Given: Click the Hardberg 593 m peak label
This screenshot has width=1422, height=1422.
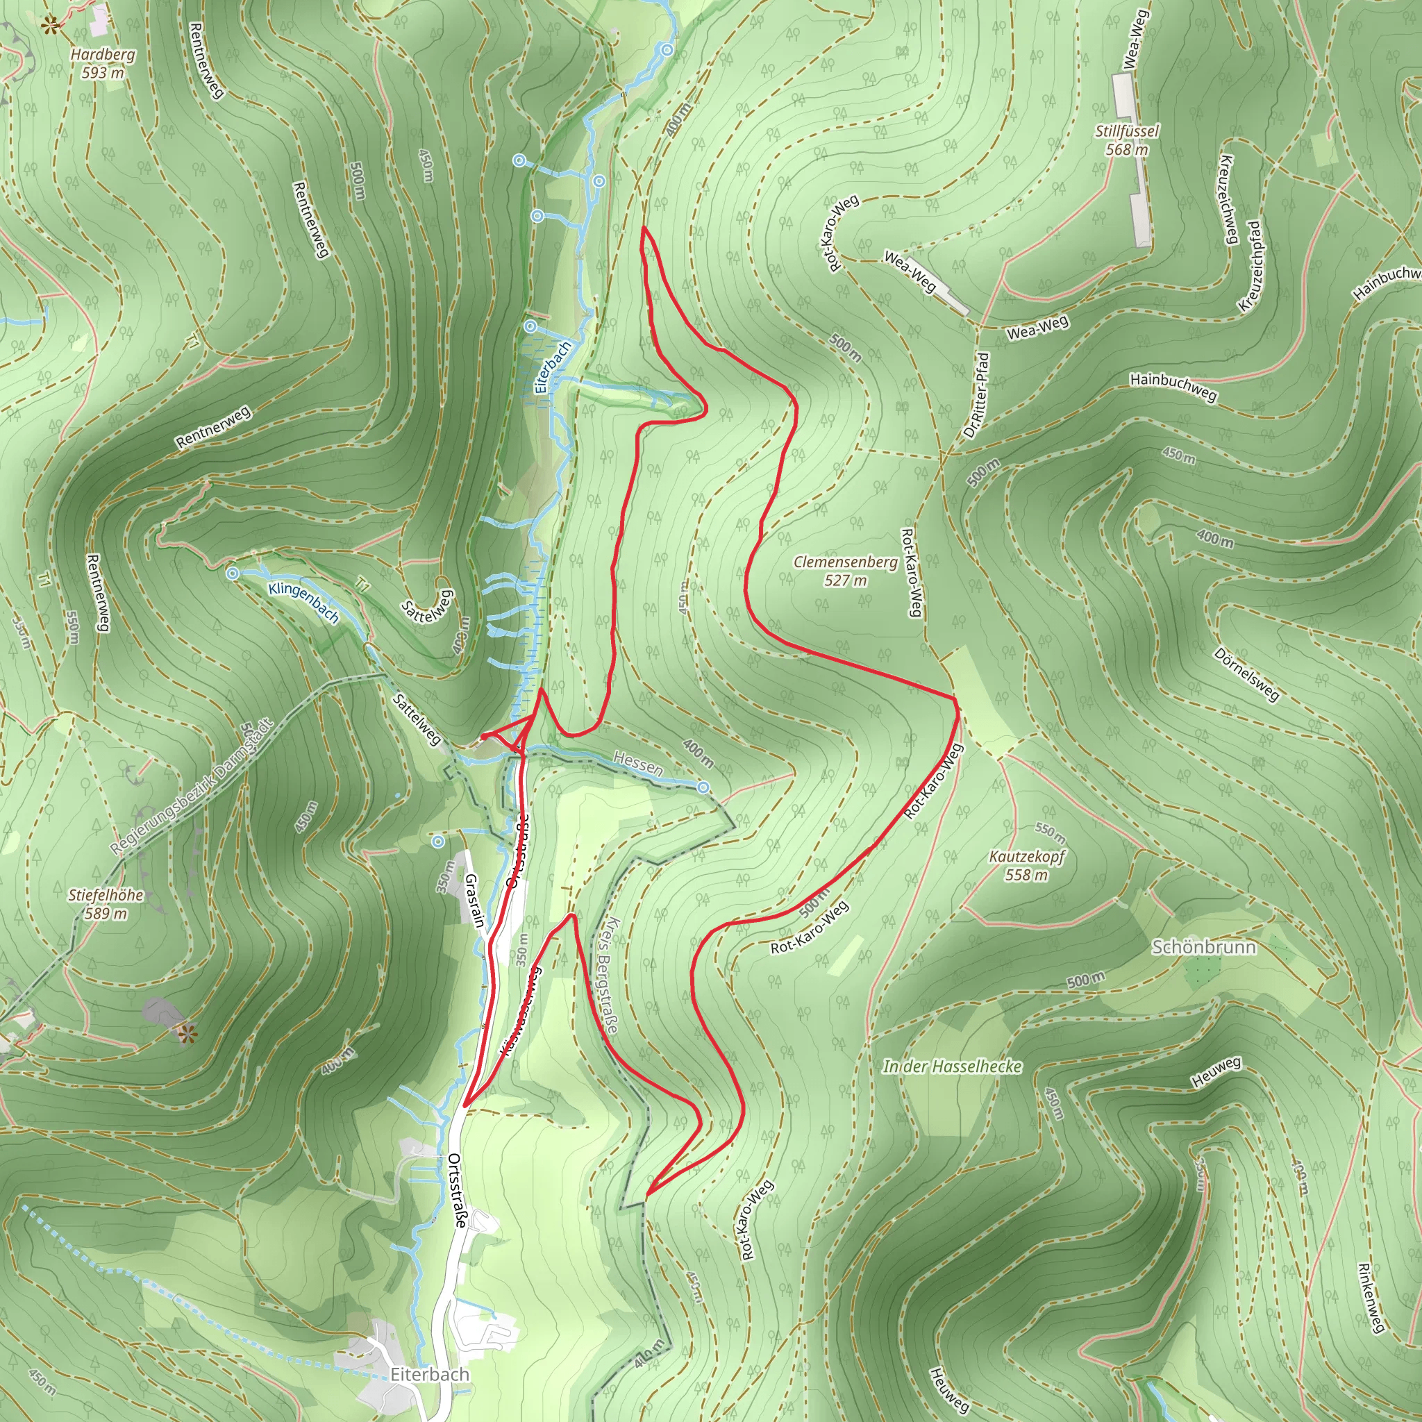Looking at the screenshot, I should click(103, 63).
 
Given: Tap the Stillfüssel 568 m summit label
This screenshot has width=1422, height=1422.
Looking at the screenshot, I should click(1126, 140).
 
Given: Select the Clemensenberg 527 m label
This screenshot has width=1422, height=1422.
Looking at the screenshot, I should click(846, 571).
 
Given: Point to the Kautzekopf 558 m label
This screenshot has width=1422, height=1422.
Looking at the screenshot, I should click(1026, 866).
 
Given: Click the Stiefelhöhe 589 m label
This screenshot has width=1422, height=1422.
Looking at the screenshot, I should click(106, 904).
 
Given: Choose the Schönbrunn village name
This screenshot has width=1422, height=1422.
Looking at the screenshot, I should click(1203, 947).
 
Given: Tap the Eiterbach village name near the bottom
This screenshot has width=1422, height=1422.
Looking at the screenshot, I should click(430, 1374).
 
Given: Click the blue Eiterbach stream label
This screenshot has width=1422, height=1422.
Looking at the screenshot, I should click(552, 367).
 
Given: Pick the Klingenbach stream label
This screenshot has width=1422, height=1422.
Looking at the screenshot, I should click(303, 602).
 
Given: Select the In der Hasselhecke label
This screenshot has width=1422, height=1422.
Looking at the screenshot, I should click(953, 1066).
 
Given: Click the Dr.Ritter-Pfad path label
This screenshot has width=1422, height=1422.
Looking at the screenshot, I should click(977, 394).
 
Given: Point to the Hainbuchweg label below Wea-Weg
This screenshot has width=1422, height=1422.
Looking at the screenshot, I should click(1173, 387).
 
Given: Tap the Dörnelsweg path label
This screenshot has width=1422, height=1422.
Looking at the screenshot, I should click(1246, 674).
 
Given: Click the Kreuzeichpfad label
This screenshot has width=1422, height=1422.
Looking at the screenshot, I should click(1250, 266).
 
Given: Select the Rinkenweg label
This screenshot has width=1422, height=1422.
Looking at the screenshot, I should click(1371, 1298).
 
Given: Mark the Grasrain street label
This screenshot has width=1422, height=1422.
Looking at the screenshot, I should click(475, 899).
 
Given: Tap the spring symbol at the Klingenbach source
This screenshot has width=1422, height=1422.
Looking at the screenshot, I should click(233, 574).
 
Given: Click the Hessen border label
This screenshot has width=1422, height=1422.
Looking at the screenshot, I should click(638, 764).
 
